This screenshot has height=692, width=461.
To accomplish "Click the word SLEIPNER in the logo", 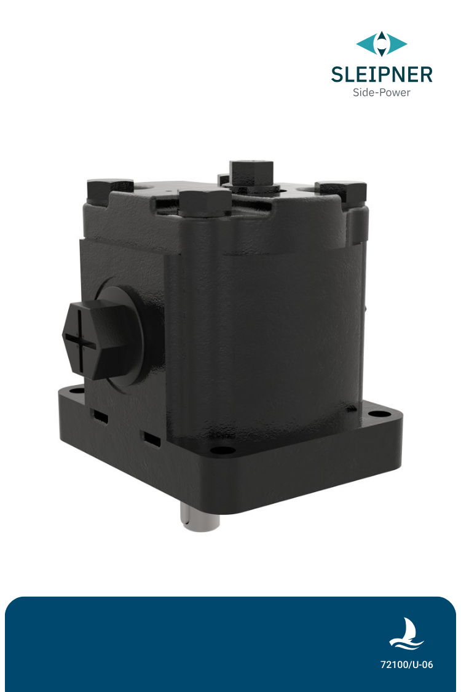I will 381,74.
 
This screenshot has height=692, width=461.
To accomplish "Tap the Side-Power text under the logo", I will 381,93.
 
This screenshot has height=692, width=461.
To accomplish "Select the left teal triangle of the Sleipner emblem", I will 366,44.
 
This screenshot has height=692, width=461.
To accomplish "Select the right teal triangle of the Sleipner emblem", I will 397,44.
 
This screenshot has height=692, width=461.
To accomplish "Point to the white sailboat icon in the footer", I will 406,634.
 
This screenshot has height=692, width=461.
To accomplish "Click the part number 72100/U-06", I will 406,665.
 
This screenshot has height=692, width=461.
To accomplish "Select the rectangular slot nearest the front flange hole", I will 152,438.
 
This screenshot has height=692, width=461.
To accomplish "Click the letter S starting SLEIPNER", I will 337,74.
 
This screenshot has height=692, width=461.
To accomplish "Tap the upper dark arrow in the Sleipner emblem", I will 382,37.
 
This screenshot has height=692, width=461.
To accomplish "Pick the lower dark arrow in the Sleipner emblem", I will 382,52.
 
